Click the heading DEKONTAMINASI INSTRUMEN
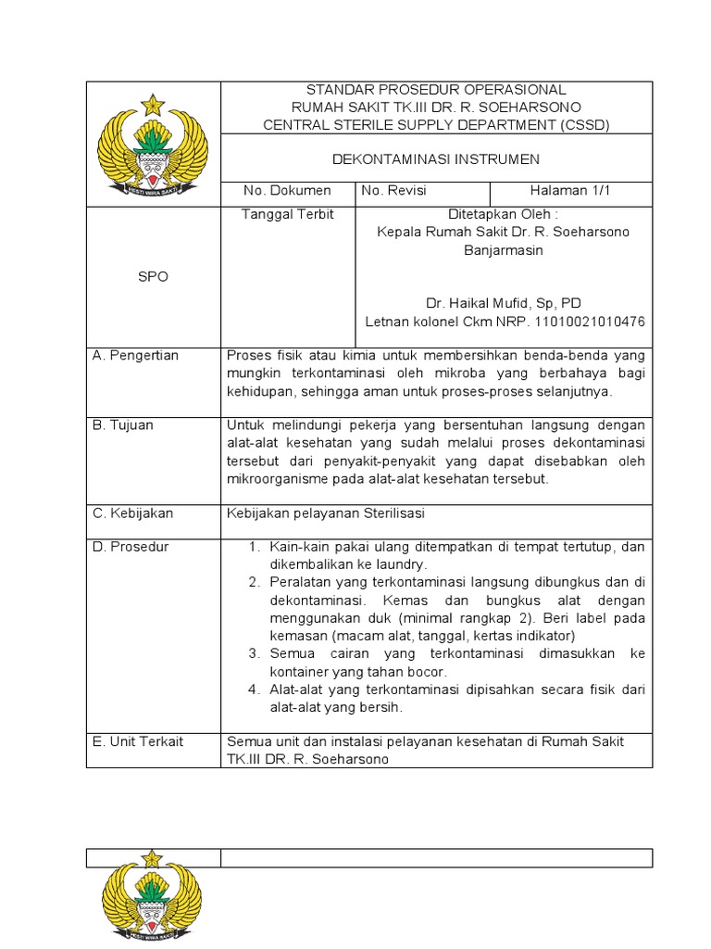(436, 158)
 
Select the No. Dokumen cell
(287, 191)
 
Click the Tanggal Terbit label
(287, 214)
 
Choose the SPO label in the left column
(153, 277)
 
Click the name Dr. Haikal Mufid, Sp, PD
(504, 303)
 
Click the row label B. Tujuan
(123, 424)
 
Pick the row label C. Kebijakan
(132, 512)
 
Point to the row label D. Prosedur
(131, 547)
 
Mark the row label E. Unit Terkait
(137, 741)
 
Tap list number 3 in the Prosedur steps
(253, 653)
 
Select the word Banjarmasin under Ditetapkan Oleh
(504, 250)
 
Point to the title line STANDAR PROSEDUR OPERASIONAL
(436, 90)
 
